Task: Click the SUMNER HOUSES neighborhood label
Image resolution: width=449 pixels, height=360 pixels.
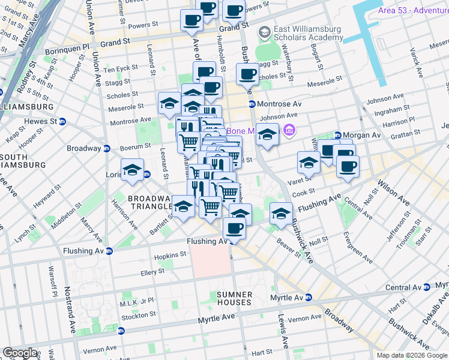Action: pos(234,298)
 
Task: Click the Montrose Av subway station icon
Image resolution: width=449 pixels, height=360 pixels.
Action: pos(252,104)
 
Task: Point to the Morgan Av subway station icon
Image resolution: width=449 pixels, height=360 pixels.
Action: pos(338,136)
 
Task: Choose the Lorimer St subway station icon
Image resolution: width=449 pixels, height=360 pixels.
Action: pos(147,175)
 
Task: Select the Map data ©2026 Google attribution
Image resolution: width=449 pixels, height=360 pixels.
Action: pos(412,355)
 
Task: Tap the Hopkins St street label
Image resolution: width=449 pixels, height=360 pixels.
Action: pos(167,256)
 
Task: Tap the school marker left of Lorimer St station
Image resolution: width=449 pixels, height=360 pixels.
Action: pos(132,170)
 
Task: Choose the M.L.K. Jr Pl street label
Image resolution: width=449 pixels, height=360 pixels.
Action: pos(137,302)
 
